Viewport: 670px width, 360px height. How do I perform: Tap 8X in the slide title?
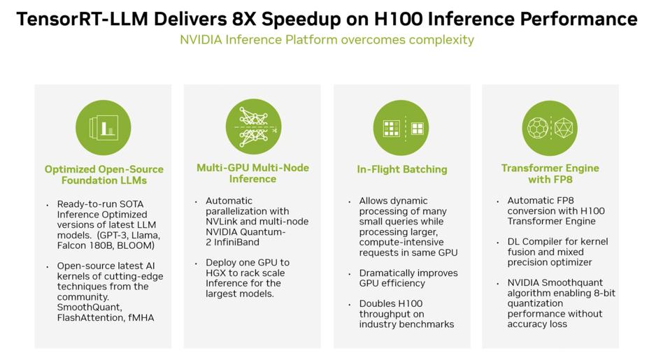tap(243, 19)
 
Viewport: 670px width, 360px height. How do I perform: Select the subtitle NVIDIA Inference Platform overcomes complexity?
tap(327, 40)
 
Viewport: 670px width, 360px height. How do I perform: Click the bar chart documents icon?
tap(103, 128)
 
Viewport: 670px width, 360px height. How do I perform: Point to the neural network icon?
tap(253, 127)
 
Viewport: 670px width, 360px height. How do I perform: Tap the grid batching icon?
tap(401, 128)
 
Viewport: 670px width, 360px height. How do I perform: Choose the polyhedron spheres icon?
tap(550, 128)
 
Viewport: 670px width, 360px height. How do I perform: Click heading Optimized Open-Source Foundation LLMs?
tap(104, 175)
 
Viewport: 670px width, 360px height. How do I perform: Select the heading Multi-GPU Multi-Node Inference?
tap(252, 173)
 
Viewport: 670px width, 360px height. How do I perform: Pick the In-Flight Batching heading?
tap(402, 170)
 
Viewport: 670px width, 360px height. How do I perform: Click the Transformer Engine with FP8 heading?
tap(550, 174)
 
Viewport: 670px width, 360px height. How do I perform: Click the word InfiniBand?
tap(236, 242)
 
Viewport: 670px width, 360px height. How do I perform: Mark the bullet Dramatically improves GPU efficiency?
tap(408, 278)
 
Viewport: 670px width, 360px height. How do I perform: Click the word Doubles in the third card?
tap(376, 303)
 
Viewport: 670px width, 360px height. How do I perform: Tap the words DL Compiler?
tap(534, 242)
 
